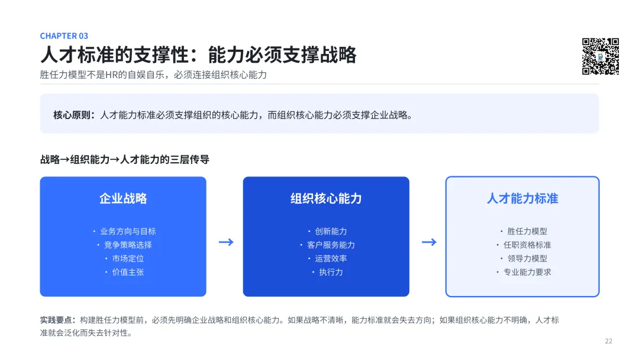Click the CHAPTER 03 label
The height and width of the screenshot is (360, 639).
point(64,36)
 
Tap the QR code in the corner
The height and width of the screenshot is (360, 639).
point(601,56)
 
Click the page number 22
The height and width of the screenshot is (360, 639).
point(608,341)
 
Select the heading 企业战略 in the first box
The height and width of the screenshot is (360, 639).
point(123,198)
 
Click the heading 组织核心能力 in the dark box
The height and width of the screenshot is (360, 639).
point(326,198)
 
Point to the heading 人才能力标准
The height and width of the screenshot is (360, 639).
point(522,198)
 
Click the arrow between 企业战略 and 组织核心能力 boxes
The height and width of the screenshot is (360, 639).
point(226,242)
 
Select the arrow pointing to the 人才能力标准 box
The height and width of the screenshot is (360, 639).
point(429,242)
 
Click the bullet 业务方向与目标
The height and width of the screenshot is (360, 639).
point(128,231)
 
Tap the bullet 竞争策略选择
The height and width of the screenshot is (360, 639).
point(128,245)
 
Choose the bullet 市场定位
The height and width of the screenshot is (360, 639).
point(128,259)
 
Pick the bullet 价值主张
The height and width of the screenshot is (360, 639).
point(128,272)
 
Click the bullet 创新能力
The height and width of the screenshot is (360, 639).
point(331,231)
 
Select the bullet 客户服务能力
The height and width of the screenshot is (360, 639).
point(331,245)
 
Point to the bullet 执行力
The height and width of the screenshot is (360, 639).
point(331,272)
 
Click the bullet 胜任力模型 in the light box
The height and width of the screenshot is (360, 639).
point(527,231)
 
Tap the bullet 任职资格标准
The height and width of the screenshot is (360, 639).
point(527,245)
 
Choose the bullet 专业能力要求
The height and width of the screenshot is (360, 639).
point(527,272)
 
